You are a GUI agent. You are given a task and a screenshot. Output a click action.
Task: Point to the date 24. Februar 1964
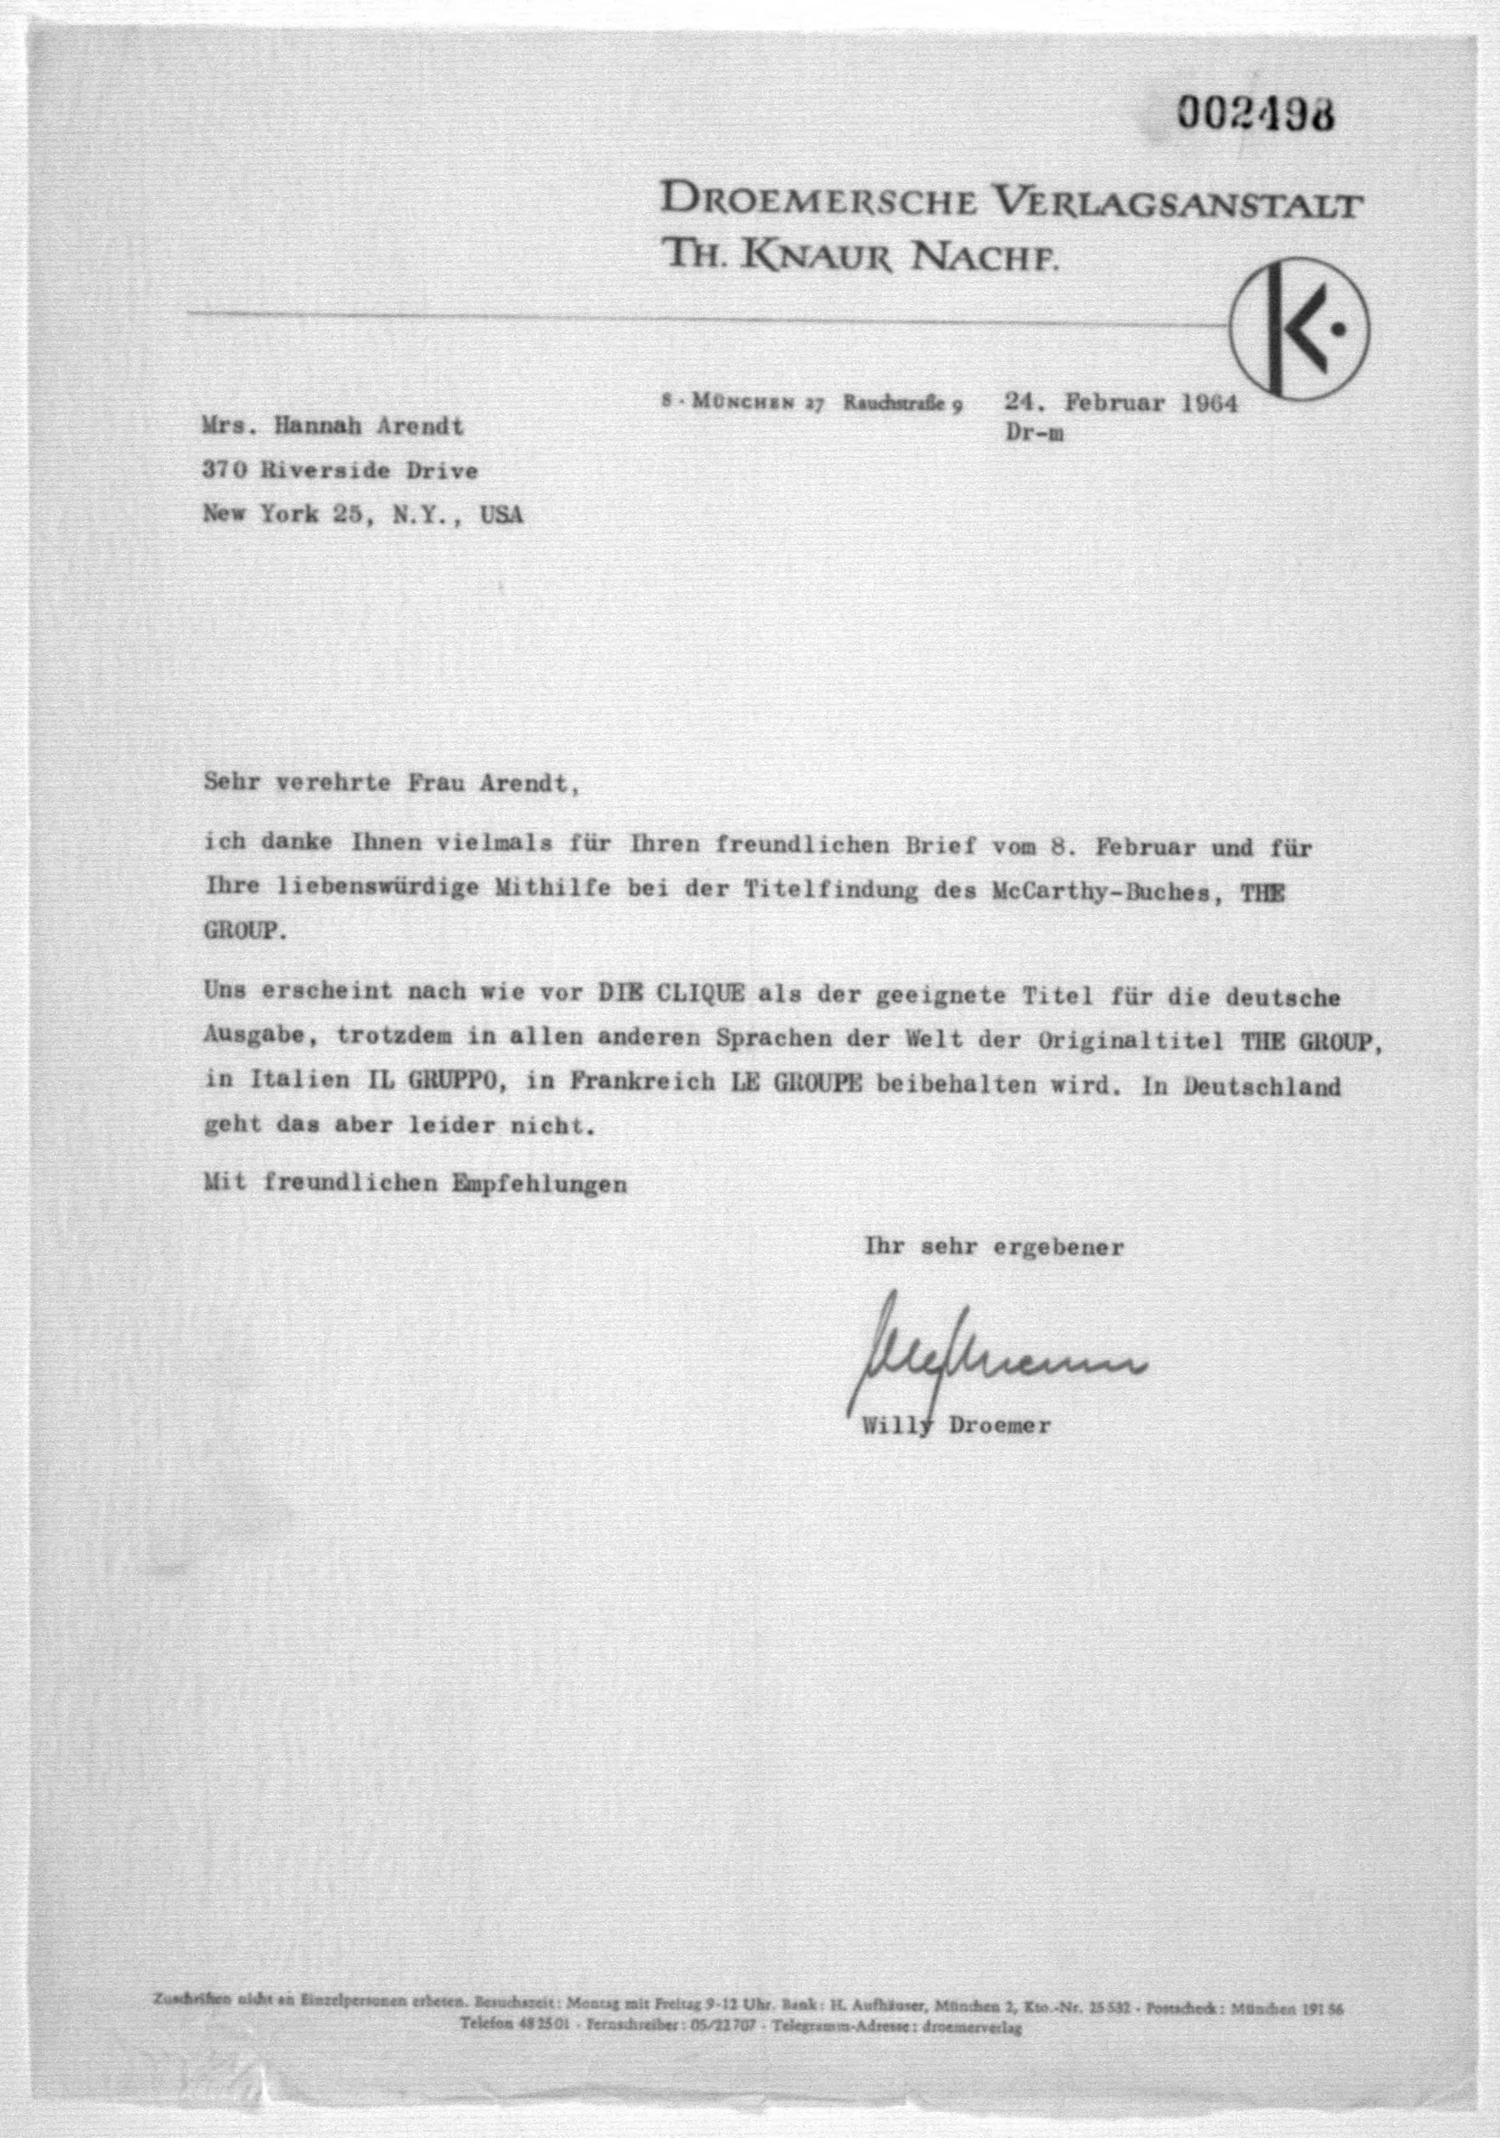point(1120,403)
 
